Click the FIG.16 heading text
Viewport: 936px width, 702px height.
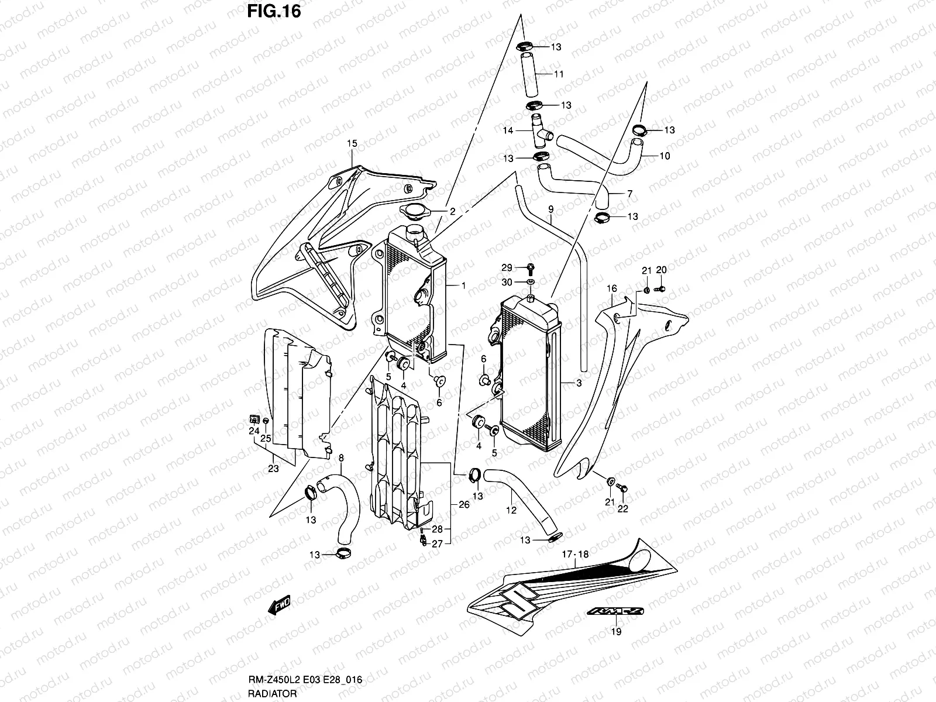point(274,11)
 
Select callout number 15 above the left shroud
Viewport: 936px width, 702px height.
point(351,143)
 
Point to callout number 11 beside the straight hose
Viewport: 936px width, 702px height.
point(559,74)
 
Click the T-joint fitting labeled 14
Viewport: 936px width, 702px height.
point(539,131)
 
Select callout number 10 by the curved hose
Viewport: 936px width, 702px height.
point(665,156)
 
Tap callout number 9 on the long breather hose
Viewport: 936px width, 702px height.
point(550,209)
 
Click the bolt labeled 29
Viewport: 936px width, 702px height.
point(531,269)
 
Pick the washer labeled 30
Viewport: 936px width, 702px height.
point(531,283)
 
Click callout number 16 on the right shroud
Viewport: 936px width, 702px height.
point(612,288)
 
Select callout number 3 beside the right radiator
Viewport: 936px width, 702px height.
point(578,384)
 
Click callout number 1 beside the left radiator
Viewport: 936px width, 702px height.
point(463,285)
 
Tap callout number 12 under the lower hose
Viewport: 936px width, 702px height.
point(511,510)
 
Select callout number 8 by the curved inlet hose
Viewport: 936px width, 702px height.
point(341,458)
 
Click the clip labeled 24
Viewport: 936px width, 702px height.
point(254,418)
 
